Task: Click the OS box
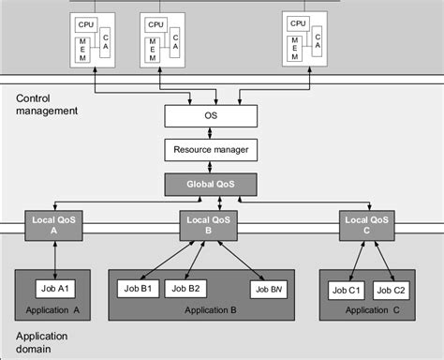[211, 116]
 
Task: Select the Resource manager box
[211, 149]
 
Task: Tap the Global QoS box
[211, 183]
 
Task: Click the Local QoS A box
[54, 224]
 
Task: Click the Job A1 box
[55, 288]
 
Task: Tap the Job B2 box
[187, 288]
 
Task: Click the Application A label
[55, 310]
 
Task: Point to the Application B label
[210, 310]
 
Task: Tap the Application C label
[370, 310]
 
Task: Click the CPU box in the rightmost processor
[299, 23]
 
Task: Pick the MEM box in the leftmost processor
[84, 47]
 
